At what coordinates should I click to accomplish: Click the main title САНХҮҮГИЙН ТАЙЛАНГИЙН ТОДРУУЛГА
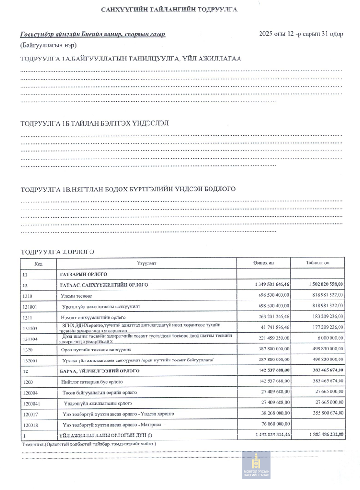click(x=169, y=10)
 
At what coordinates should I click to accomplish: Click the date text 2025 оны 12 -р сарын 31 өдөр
click(x=301, y=34)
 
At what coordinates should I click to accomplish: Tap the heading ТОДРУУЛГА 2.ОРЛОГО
click(x=58, y=251)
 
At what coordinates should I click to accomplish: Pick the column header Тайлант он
click(x=318, y=263)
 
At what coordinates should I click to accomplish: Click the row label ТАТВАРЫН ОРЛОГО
click(x=83, y=274)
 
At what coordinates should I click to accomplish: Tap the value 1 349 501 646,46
click(x=272, y=285)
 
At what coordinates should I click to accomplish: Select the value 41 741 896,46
click(x=275, y=328)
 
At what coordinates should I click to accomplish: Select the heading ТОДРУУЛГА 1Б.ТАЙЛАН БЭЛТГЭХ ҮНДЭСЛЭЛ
click(x=95, y=123)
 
